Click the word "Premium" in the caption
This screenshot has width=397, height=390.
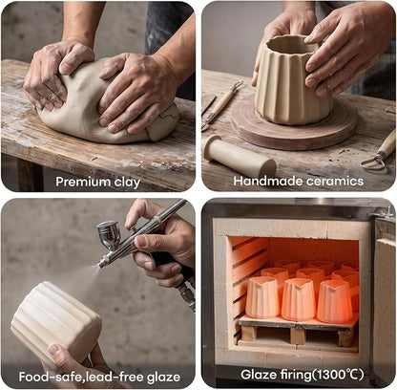click(79, 182)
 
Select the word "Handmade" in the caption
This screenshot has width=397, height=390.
click(268, 181)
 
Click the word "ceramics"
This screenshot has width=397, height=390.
click(335, 182)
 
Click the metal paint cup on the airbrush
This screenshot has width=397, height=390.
click(109, 234)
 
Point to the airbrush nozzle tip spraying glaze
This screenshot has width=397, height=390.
click(100, 265)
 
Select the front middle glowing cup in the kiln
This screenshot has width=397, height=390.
click(299, 299)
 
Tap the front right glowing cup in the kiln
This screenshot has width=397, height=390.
click(335, 301)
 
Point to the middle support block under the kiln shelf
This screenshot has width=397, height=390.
click(299, 336)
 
